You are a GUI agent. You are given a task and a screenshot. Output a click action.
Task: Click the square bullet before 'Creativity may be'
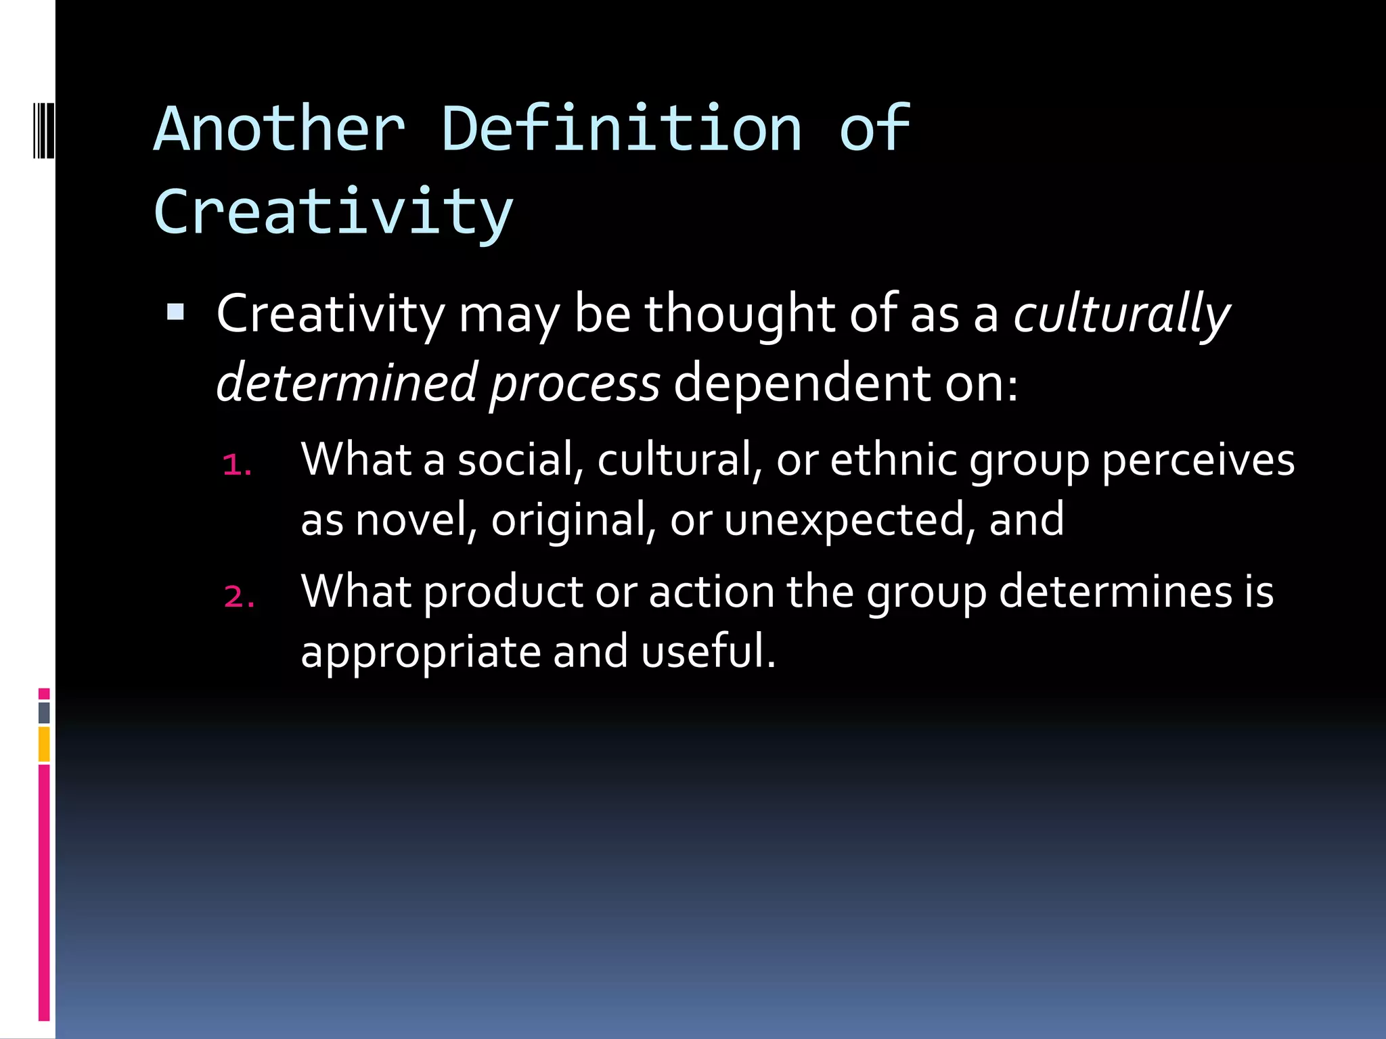[175, 312]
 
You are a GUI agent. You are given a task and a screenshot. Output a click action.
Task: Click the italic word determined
[346, 383]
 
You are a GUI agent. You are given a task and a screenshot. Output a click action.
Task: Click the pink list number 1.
[237, 465]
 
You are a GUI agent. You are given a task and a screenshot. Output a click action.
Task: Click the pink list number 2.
[239, 597]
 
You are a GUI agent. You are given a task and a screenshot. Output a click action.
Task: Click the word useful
[707, 651]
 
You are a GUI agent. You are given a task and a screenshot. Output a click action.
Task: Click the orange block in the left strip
[44, 743]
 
